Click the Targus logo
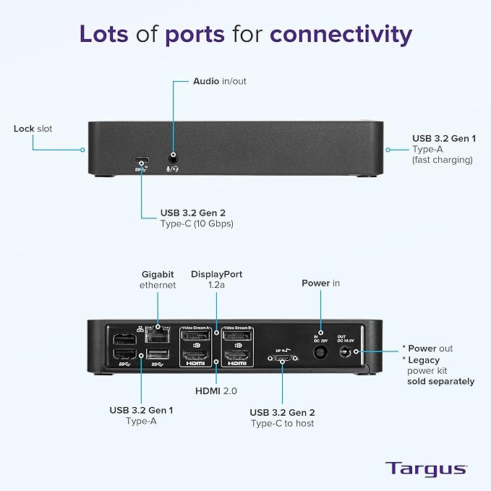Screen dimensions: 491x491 [x=425, y=468]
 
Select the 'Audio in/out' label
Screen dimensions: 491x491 [x=219, y=81]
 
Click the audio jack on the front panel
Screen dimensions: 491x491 [x=174, y=156]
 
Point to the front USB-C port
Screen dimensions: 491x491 [x=140, y=161]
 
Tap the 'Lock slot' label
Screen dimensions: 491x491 [x=33, y=129]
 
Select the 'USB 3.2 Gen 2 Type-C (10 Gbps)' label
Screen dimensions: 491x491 [x=197, y=218]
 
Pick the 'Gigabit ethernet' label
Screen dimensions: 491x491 [x=158, y=280]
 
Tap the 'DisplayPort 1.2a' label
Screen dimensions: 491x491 [x=216, y=280]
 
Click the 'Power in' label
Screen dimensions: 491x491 [x=320, y=283]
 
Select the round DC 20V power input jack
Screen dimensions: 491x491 [x=319, y=354]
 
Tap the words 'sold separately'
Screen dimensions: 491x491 [x=440, y=381]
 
